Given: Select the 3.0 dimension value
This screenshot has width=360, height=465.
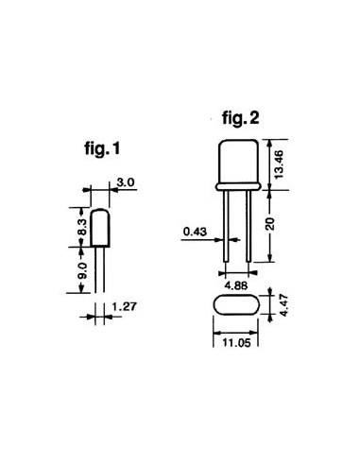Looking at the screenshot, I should [x=126, y=181].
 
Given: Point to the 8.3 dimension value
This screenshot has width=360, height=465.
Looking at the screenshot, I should [x=82, y=227].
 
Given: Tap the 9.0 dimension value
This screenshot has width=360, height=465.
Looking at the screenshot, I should [x=82, y=270].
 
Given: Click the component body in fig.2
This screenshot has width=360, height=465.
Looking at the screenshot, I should [x=236, y=164].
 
